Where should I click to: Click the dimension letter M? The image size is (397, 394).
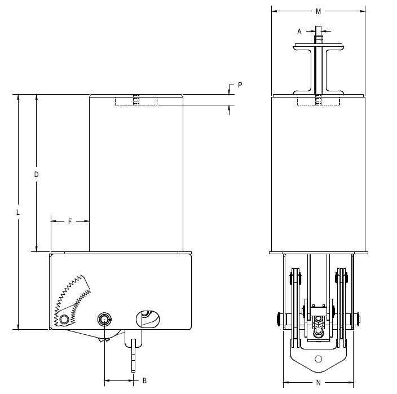[318, 11]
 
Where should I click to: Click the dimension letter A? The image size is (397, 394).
[299, 32]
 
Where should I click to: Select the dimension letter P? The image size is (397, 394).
[240, 85]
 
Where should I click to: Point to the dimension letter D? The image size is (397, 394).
[36, 174]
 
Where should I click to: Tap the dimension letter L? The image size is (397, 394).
[18, 212]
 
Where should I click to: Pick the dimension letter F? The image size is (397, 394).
[70, 222]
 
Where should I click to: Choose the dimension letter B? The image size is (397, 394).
[144, 380]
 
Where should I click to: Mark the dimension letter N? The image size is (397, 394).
[319, 383]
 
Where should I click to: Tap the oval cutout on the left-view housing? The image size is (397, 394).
[148, 319]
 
